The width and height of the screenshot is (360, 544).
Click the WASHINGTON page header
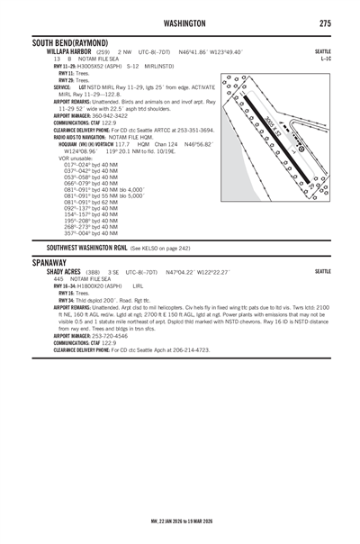click(179, 23)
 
